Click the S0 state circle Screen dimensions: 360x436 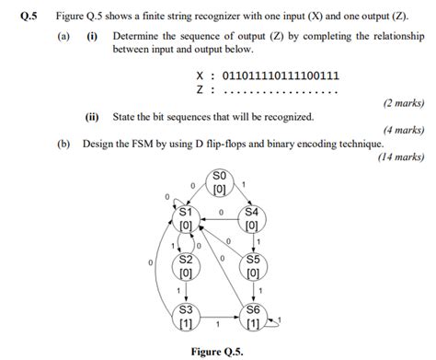[x=219, y=182]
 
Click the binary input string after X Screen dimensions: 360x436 [x=282, y=75]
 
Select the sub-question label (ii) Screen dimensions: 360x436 [x=92, y=118]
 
